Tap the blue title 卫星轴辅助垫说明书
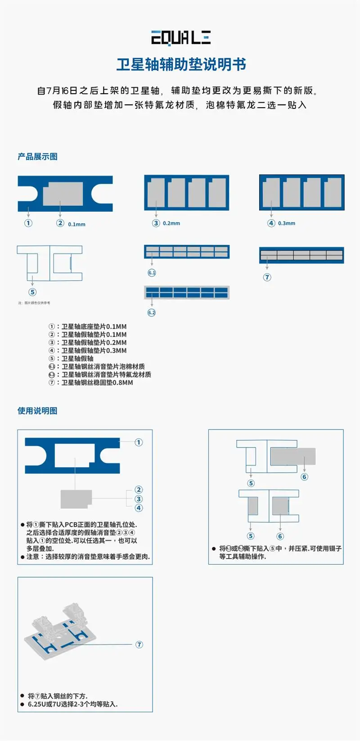coord(181,64)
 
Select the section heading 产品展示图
coord(37,157)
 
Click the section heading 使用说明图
coord(37,411)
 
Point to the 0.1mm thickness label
coord(76,224)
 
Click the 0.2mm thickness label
coord(171,223)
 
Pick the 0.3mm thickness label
coord(287,223)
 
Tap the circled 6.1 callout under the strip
coord(152,273)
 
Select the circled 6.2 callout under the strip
coord(152,312)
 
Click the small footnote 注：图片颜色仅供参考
coord(34,303)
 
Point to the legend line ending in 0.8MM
coord(91,383)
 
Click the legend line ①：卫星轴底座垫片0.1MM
coord(88,326)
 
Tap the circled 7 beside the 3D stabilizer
coord(139,645)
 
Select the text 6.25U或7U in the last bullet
coord(43,704)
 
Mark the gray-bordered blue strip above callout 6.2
coord(187,292)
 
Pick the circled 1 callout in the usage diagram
coord(139,443)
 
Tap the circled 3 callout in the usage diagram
coord(139,499)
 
